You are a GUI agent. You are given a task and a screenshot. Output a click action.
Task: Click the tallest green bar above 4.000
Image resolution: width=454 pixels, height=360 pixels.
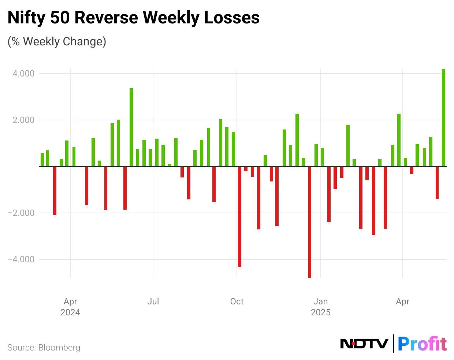tap(443, 117)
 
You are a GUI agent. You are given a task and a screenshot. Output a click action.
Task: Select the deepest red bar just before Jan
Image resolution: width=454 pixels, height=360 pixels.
tap(310, 222)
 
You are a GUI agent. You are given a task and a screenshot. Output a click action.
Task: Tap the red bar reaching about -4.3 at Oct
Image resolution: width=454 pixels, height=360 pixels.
tap(239, 217)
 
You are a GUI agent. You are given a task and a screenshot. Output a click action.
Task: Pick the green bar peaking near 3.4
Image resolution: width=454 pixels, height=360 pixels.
tap(131, 127)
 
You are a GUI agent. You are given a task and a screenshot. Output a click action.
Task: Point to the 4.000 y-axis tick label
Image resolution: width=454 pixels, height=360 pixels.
tap(23, 74)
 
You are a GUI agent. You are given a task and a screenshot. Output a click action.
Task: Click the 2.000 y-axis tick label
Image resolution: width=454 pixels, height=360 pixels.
tap(23, 120)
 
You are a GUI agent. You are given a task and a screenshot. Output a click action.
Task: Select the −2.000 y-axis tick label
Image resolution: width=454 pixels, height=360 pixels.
tap(22, 213)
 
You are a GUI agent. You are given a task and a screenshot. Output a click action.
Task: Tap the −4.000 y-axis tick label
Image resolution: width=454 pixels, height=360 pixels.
tap(22, 259)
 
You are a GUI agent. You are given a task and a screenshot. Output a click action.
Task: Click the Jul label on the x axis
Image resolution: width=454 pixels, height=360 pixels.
tap(153, 301)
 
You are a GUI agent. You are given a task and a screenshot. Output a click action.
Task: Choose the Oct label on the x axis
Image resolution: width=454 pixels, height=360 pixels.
tap(237, 301)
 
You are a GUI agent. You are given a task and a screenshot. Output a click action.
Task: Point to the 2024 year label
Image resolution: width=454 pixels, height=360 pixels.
tap(70, 312)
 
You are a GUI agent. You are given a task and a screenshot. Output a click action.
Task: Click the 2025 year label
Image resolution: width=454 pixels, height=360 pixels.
tap(321, 312)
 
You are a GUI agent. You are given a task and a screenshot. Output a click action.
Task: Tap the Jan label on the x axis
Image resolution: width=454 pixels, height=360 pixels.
tap(321, 301)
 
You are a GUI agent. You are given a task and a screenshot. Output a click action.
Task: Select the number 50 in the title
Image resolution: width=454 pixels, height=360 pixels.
tap(59, 18)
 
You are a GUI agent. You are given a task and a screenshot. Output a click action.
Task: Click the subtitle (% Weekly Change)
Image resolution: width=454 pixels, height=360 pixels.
tap(57, 41)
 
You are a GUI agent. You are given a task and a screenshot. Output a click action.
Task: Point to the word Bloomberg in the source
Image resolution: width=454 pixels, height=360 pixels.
tap(59, 347)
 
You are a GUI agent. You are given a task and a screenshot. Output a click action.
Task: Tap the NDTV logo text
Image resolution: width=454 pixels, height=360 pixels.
tap(364, 344)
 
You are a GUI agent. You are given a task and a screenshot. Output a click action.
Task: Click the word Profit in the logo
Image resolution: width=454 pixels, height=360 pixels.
tap(422, 344)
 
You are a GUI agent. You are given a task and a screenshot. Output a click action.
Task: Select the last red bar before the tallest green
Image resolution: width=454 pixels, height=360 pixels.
tap(437, 183)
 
